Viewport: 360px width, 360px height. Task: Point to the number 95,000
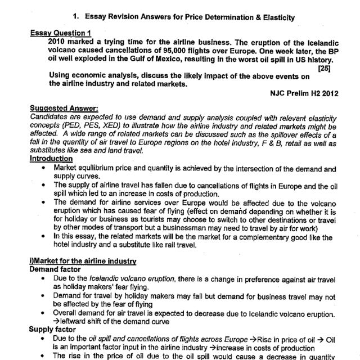177,50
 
